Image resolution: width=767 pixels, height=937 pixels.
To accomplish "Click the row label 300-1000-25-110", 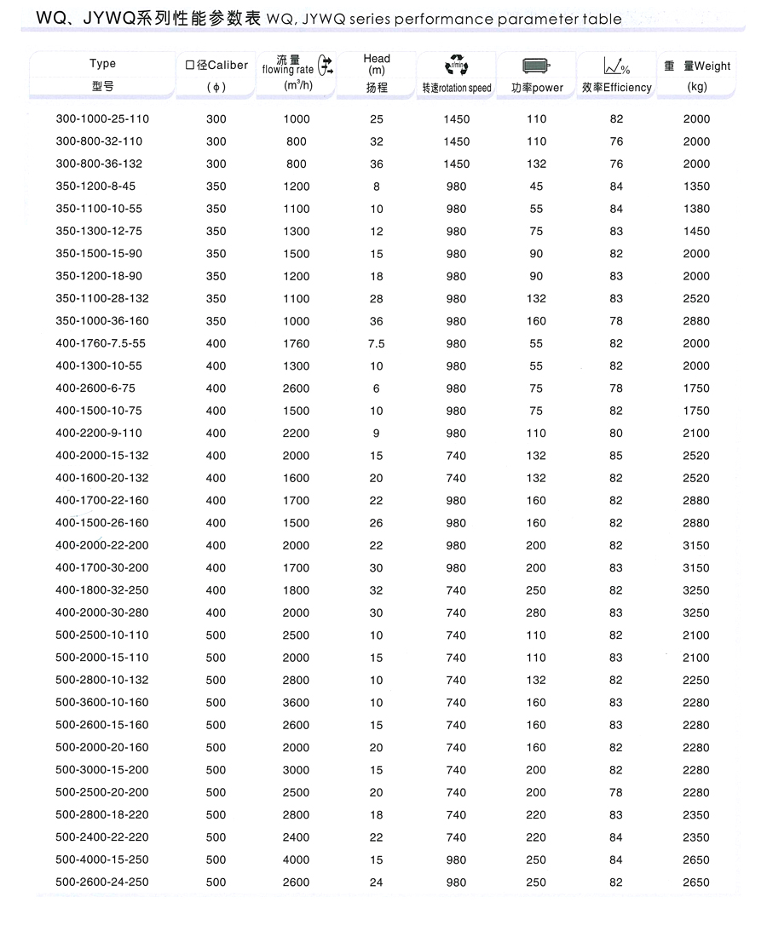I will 102,119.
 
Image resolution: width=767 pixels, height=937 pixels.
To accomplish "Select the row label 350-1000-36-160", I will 102,321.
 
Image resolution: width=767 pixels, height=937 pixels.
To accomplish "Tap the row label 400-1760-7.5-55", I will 101,343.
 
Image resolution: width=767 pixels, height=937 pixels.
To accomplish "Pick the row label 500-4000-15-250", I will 102,859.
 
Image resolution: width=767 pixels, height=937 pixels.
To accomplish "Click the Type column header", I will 102,64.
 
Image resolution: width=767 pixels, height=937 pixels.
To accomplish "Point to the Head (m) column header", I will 377,65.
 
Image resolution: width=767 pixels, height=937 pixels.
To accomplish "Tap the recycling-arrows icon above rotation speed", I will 456,65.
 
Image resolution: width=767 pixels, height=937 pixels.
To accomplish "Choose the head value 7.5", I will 377,343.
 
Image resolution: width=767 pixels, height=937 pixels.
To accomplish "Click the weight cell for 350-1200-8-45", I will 696,187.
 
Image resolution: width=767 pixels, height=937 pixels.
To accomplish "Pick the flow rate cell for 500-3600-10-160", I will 297,703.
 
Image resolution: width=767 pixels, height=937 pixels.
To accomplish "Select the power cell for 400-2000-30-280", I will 536,612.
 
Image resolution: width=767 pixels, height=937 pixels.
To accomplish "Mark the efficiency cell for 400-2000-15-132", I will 616,456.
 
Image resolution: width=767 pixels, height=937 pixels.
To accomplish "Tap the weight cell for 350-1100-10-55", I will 696,209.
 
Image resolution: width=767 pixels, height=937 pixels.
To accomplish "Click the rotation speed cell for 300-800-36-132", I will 457,164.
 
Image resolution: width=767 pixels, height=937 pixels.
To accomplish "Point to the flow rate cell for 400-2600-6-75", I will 297,388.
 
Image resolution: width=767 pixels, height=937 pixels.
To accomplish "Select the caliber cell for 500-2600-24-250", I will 216,882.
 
